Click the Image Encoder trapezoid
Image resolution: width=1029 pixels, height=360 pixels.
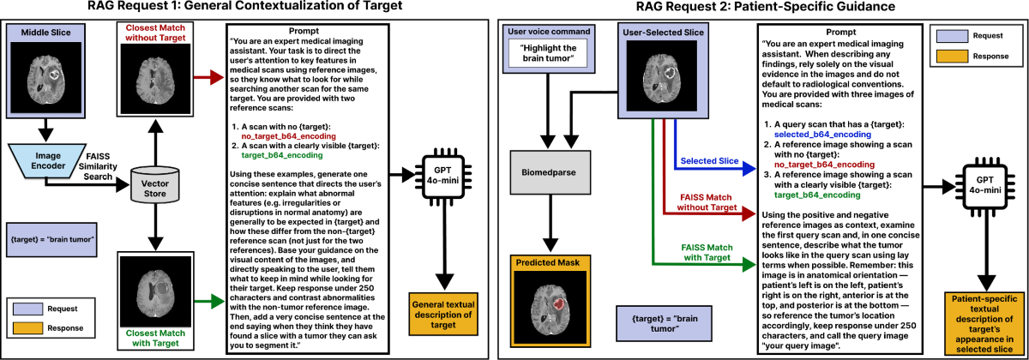pyautogui.click(x=47, y=161)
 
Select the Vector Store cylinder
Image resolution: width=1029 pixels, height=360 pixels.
pyautogui.click(x=155, y=184)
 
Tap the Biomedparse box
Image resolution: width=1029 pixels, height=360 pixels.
pyautogui.click(x=551, y=172)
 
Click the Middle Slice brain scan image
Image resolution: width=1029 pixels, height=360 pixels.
pyautogui.click(x=46, y=78)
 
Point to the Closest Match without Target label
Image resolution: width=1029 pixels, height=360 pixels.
pyautogui.click(x=155, y=33)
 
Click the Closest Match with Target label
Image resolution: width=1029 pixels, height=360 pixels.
pyautogui.click(x=155, y=338)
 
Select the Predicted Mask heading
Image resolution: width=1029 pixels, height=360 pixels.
pyautogui.click(x=551, y=262)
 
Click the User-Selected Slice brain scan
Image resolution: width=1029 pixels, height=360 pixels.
pyautogui.click(x=661, y=75)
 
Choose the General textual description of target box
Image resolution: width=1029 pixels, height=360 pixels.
pyautogui.click(x=443, y=315)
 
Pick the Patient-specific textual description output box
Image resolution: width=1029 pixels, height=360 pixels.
pyautogui.click(x=984, y=324)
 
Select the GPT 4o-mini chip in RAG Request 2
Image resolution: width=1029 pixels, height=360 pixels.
pyautogui.click(x=984, y=185)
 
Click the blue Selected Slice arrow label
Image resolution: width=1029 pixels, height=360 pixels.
pyautogui.click(x=709, y=161)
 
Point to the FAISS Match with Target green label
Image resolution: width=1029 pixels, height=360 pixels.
pyautogui.click(x=707, y=253)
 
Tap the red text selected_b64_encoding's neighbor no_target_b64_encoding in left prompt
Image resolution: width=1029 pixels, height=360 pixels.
pyautogui.click(x=288, y=136)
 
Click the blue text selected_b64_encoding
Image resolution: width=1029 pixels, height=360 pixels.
pyautogui.click(x=822, y=135)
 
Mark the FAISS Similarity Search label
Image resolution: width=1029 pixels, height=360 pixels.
pyautogui.click(x=98, y=166)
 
